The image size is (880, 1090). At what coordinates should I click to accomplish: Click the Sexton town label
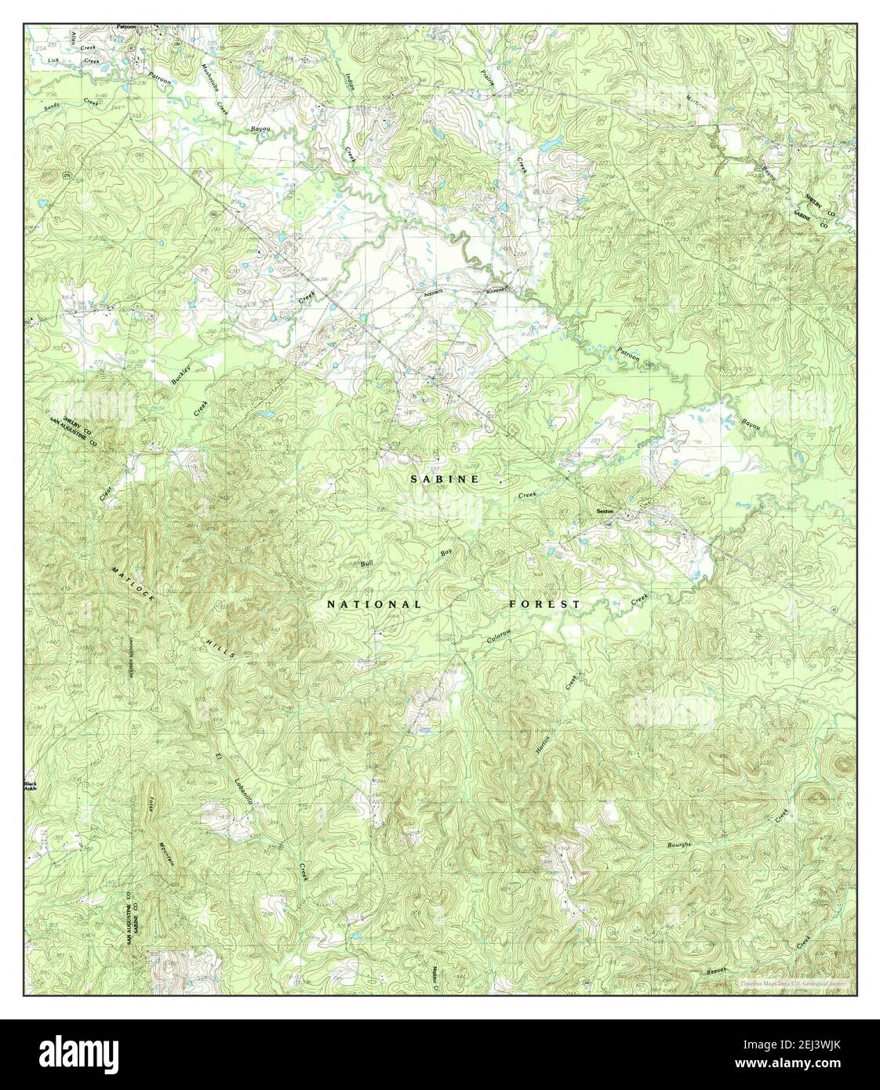(604, 510)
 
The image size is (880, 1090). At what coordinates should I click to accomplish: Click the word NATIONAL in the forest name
(374, 605)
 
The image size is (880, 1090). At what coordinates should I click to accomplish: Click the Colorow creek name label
(499, 638)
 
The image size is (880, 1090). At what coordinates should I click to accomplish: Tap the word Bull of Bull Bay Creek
(365, 563)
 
